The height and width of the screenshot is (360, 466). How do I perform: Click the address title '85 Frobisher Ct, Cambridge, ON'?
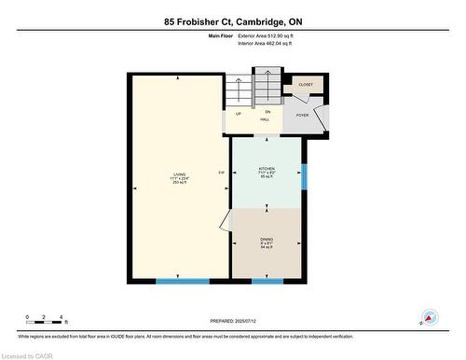click(233, 21)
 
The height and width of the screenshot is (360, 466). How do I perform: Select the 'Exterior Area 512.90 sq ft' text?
click(272, 35)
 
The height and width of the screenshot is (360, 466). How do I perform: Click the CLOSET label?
click(306, 85)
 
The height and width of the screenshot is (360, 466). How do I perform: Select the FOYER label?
click(303, 116)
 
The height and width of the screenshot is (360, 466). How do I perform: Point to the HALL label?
click(266, 120)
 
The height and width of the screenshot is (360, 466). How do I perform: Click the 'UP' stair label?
click(239, 114)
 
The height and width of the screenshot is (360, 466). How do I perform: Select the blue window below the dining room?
click(267, 281)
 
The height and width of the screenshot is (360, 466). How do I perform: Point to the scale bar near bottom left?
click(43, 321)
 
